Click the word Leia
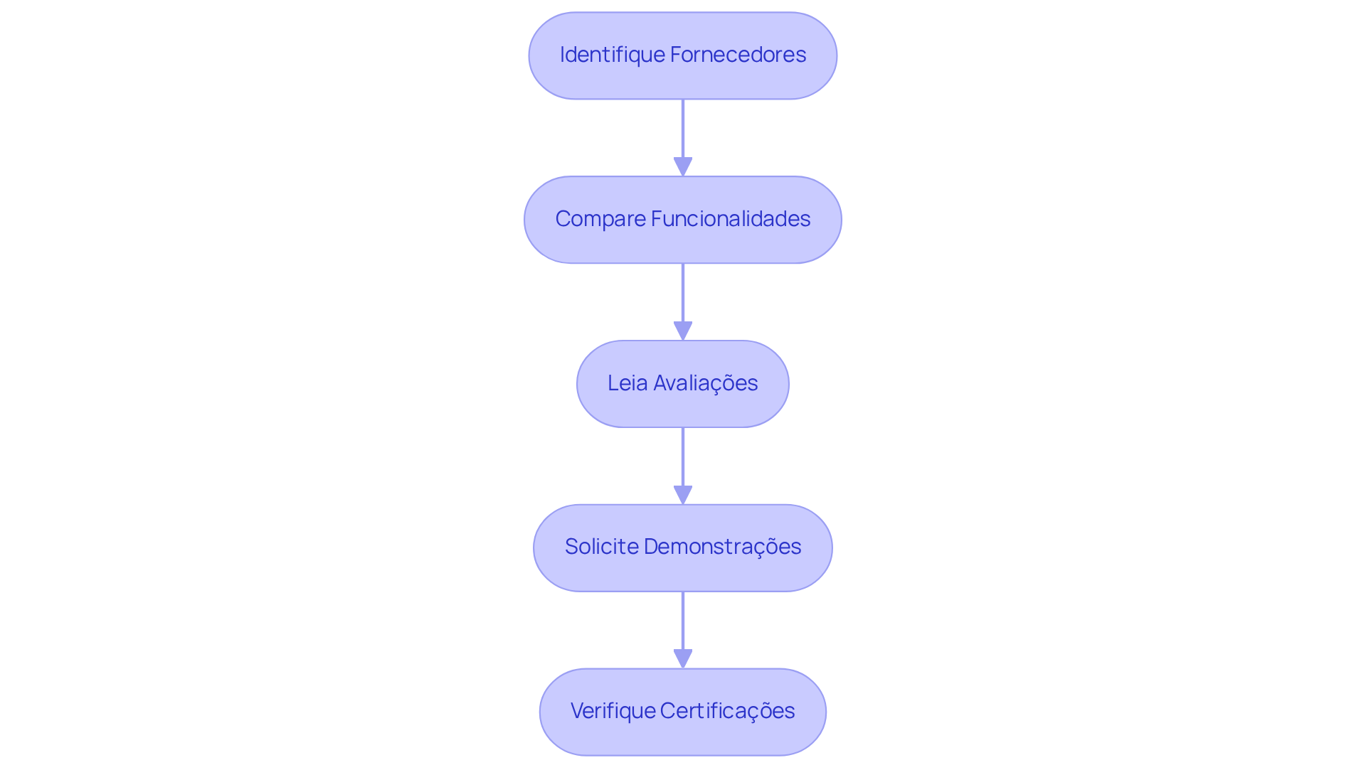[x=628, y=383]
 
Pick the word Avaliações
[x=706, y=383]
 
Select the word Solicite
[x=601, y=547]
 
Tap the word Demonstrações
[x=722, y=547]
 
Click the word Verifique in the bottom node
[x=613, y=711]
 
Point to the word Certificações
[x=727, y=711]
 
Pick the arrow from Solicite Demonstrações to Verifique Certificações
[x=683, y=621]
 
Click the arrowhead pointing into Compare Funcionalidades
[x=683, y=167]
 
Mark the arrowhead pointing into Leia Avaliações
[x=683, y=331]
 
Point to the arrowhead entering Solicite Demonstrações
[x=683, y=496]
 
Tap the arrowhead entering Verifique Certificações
[x=683, y=659]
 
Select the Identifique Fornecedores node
[x=683, y=78]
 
